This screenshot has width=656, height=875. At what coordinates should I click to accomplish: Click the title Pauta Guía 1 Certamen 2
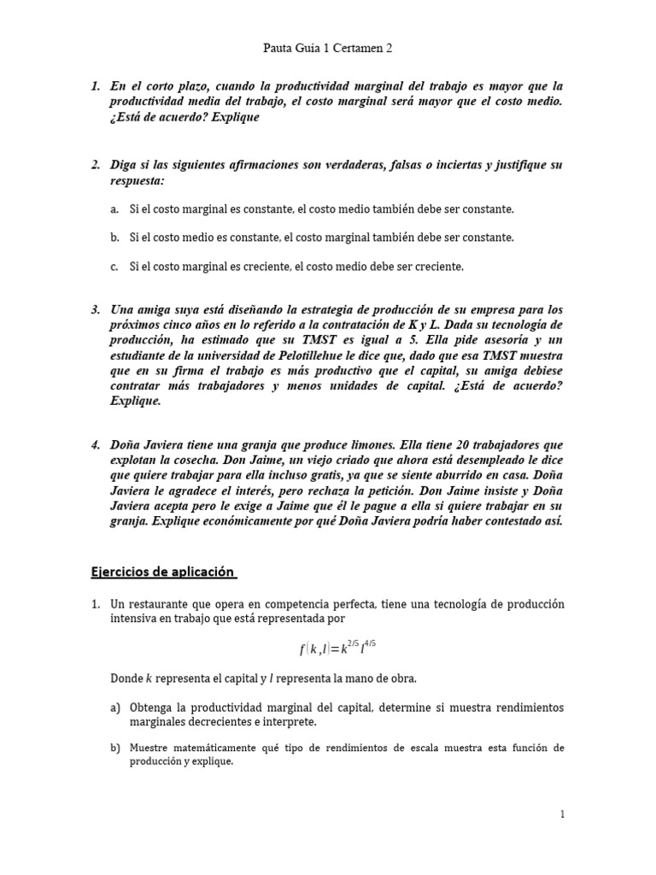[328, 49]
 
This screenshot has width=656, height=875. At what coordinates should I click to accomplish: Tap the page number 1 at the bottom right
[563, 815]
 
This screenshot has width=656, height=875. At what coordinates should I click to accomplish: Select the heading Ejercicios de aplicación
[163, 571]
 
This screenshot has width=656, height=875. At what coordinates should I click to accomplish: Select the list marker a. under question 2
[114, 208]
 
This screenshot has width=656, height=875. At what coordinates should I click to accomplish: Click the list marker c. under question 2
[114, 267]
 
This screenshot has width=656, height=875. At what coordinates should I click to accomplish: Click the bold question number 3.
[96, 308]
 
